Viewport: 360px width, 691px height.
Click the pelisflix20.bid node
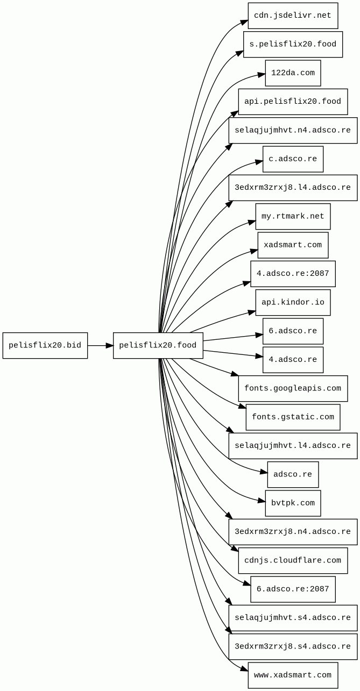pos(45,345)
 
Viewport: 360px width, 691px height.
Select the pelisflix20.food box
pos(158,345)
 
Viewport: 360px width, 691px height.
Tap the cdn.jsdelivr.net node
pos(293,16)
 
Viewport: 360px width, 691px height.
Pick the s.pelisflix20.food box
pos(293,44)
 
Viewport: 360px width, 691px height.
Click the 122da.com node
pos(293,73)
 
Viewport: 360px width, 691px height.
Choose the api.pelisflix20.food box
pos(293,102)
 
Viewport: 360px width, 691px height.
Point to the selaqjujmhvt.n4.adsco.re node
pos(293,130)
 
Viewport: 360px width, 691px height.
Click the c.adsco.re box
pos(293,159)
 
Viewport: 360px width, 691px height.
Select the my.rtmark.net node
pos(293,216)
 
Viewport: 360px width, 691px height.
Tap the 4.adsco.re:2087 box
pos(293,274)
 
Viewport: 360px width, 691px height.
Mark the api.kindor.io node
pos(293,302)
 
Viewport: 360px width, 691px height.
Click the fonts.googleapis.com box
pos(293,388)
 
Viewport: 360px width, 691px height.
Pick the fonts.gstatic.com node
pos(293,417)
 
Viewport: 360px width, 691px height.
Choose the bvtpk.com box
pos(293,503)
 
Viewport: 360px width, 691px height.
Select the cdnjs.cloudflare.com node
pos(293,560)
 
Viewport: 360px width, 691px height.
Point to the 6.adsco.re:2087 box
pos(293,589)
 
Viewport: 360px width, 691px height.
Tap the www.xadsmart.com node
pos(293,675)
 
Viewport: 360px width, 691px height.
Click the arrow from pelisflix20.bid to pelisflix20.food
pos(100,345)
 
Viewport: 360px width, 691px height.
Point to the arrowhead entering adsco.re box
pos(264,472)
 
